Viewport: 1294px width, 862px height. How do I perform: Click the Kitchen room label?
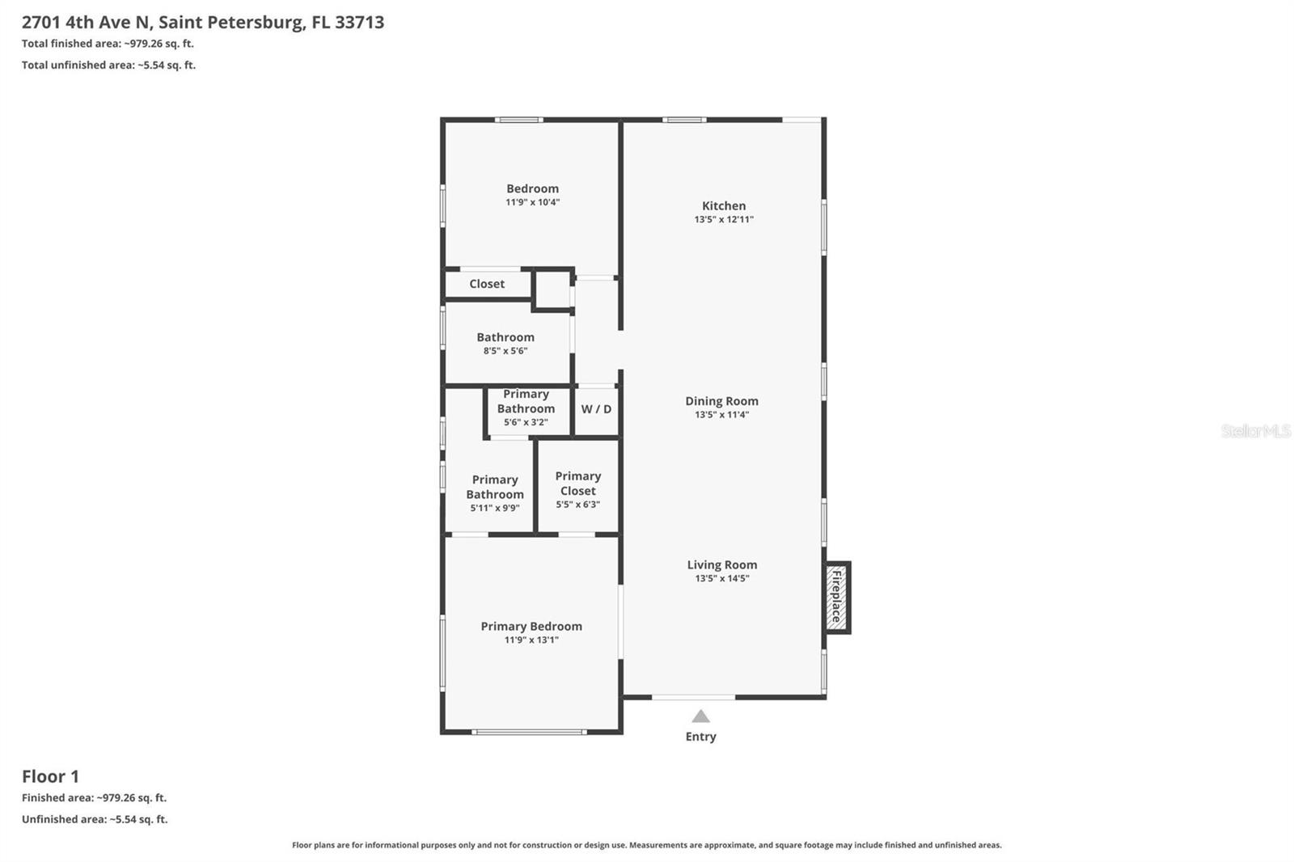click(x=723, y=205)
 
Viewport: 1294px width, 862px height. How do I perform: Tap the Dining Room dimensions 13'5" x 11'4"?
click(x=721, y=415)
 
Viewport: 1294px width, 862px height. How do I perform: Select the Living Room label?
click(x=721, y=565)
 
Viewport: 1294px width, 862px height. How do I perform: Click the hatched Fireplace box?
click(x=836, y=598)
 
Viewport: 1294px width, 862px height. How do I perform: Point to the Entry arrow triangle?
click(x=700, y=716)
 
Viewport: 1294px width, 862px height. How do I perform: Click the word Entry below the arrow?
click(x=700, y=737)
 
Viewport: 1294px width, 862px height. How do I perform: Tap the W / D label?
click(x=596, y=409)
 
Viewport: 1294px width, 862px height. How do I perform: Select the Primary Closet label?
click(x=577, y=484)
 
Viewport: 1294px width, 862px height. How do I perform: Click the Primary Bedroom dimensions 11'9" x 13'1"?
click(x=531, y=640)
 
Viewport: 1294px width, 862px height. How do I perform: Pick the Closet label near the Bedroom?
click(x=486, y=284)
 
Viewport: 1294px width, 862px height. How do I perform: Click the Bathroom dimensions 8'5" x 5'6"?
click(x=505, y=351)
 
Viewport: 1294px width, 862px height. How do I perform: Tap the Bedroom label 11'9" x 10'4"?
click(x=532, y=189)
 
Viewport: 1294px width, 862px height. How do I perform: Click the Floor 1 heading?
click(x=50, y=776)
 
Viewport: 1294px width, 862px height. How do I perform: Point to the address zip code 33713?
click(x=359, y=22)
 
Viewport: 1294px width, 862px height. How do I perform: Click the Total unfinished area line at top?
click(x=108, y=65)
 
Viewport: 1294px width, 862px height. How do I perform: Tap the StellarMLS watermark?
click(x=1254, y=431)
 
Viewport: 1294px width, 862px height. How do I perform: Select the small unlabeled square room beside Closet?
click(x=552, y=289)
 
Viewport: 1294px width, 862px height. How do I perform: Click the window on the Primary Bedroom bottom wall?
click(x=530, y=732)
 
